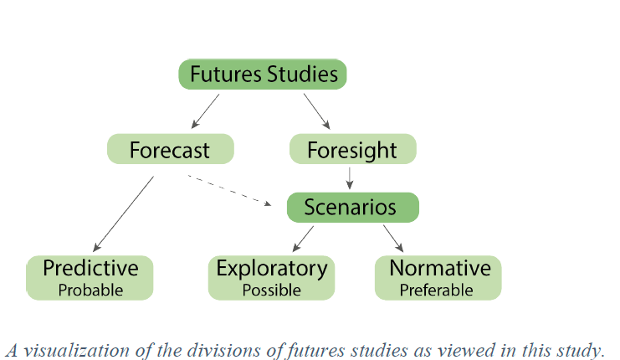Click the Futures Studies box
263,74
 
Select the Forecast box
170,150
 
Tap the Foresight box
352,150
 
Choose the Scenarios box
352,207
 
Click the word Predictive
90,268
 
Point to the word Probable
90,291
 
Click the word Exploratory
271,268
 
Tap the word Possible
271,291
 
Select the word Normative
439,268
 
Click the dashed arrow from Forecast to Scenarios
230,190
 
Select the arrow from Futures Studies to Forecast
205,110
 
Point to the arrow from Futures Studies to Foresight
318,110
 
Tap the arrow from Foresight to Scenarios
350,177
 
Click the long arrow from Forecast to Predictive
124,213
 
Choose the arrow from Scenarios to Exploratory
303,239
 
